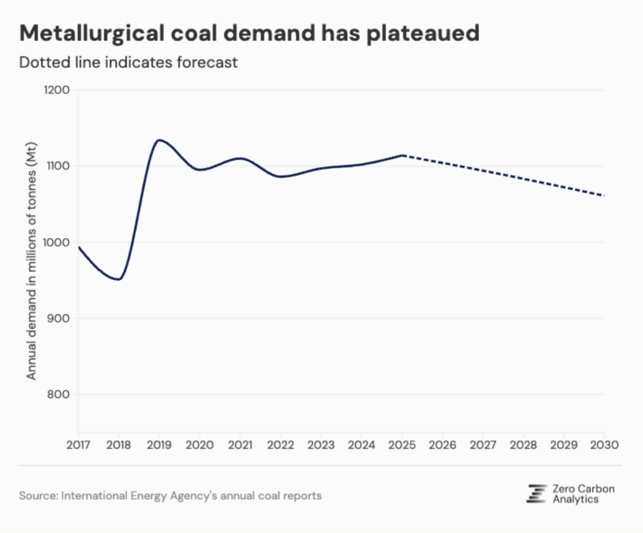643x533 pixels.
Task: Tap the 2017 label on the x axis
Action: click(x=78, y=444)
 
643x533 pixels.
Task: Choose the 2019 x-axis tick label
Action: click(x=159, y=444)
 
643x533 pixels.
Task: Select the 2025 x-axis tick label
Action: click(x=402, y=444)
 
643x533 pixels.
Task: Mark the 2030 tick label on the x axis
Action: click(x=604, y=444)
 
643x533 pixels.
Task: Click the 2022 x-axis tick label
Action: click(x=281, y=444)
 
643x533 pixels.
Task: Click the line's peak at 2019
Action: click(x=159, y=140)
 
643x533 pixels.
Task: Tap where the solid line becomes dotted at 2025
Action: click(x=402, y=155)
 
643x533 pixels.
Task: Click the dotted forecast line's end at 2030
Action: click(x=603, y=196)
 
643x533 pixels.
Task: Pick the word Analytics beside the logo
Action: click(x=576, y=500)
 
